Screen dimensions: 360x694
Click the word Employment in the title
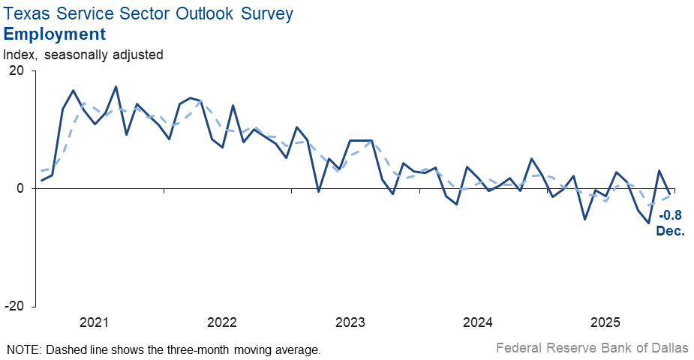pyautogui.click(x=54, y=34)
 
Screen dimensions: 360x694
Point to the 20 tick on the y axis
pyautogui.click(x=16, y=70)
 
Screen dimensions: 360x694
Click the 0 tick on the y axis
pyautogui.click(x=20, y=188)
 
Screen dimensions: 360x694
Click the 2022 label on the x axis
pyautogui.click(x=222, y=322)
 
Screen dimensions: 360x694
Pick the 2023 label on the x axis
pyautogui.click(x=350, y=322)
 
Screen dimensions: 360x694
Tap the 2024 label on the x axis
pyautogui.click(x=478, y=322)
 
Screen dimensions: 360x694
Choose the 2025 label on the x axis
pyautogui.click(x=605, y=322)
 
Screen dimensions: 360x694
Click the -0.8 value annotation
pyautogui.click(x=671, y=216)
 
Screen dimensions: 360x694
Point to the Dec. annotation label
pyautogui.click(x=671, y=231)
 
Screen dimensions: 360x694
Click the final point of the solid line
pyautogui.click(x=669, y=193)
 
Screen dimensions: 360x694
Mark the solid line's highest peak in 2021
pyautogui.click(x=116, y=87)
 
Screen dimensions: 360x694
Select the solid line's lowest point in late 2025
pyautogui.click(x=648, y=223)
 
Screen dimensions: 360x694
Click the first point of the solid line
pyautogui.click(x=41, y=180)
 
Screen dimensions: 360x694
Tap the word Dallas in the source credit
pyautogui.click(x=669, y=348)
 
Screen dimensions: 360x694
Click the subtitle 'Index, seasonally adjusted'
pyautogui.click(x=83, y=55)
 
